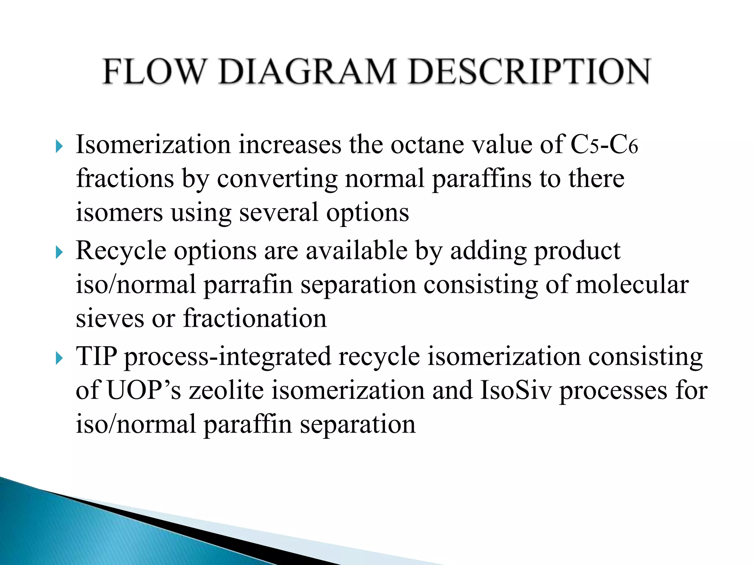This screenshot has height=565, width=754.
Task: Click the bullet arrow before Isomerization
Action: click(59, 147)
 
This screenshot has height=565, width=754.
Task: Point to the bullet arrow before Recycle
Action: click(59, 253)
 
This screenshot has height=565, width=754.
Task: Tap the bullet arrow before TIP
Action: click(59, 358)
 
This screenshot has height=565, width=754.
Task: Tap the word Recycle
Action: click(121, 251)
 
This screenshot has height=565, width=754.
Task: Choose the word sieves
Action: click(110, 319)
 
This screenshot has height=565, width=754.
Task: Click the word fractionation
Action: click(255, 319)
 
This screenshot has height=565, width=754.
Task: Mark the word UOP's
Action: click(144, 390)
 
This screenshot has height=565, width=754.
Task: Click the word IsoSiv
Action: click(516, 390)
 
